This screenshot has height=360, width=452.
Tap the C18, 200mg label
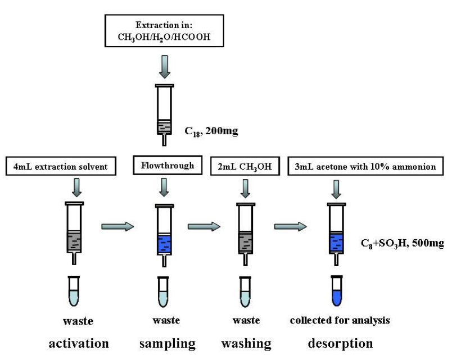(x=211, y=131)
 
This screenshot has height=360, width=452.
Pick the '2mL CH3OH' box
(x=245, y=167)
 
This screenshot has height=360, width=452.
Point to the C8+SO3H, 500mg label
(x=402, y=244)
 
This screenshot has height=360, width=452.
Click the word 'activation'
(x=78, y=343)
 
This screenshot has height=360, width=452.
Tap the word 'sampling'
(x=167, y=343)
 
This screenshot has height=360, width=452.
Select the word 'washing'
(x=246, y=343)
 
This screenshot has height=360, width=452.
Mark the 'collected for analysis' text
(x=340, y=321)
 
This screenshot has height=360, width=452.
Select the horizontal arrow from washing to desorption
(x=290, y=226)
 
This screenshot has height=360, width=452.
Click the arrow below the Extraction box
(x=164, y=66)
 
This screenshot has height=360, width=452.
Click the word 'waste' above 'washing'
(x=246, y=321)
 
